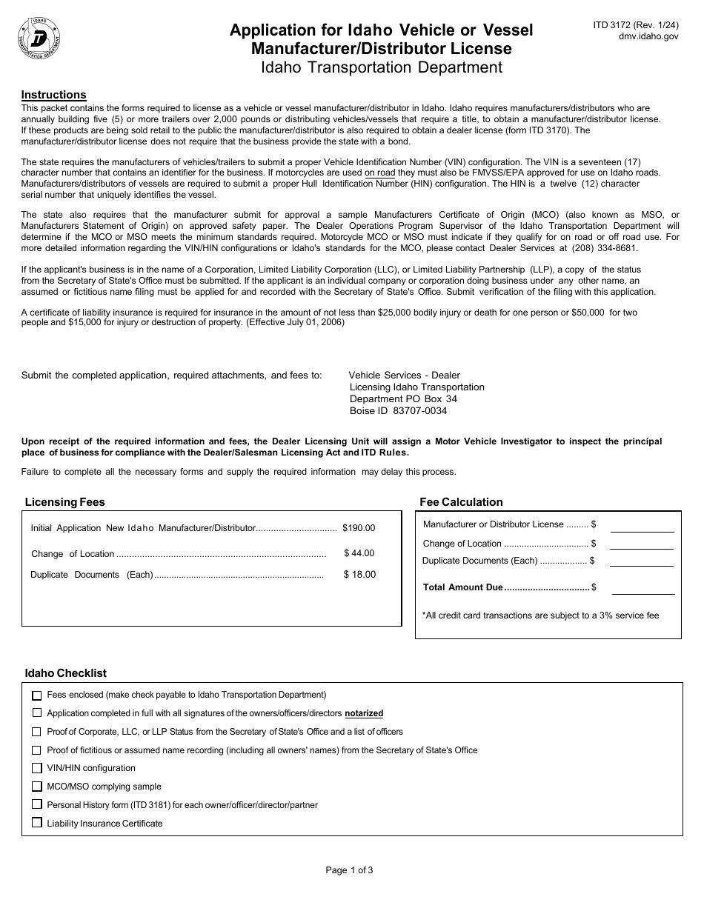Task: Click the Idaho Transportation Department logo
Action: tap(39, 38)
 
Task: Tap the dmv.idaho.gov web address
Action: tap(648, 36)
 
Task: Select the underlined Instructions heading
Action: tap(53, 95)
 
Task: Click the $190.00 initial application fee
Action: tap(359, 528)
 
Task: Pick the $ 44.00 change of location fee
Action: tap(359, 553)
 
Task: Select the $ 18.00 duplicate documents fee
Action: tap(359, 575)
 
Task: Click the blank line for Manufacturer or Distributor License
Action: tap(642, 527)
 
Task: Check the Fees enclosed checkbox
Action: tap(37, 695)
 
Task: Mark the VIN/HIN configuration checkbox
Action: tap(37, 768)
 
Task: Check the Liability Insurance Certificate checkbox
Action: tap(37, 823)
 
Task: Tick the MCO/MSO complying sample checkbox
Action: tap(37, 787)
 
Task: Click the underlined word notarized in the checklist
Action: tap(364, 713)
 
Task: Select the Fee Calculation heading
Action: tap(461, 502)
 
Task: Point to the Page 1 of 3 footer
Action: tap(349, 870)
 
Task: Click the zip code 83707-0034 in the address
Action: tap(419, 411)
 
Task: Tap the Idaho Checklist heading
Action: tap(65, 673)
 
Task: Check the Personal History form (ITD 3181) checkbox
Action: tap(37, 804)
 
